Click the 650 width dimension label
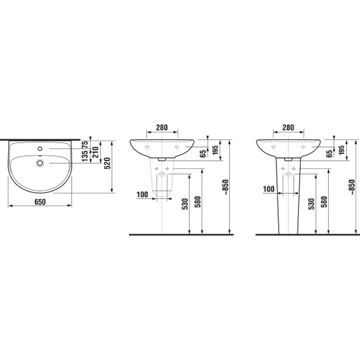[x=40, y=202]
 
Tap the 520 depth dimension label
[x=108, y=163]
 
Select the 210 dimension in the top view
[x=95, y=152]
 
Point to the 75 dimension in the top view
[x=85, y=145]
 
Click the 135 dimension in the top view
[x=85, y=156]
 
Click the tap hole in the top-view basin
[x=40, y=149]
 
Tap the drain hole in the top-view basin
[x=40, y=163]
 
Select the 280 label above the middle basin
[x=162, y=127]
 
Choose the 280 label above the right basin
[x=288, y=127]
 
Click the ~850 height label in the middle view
[x=226, y=187]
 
